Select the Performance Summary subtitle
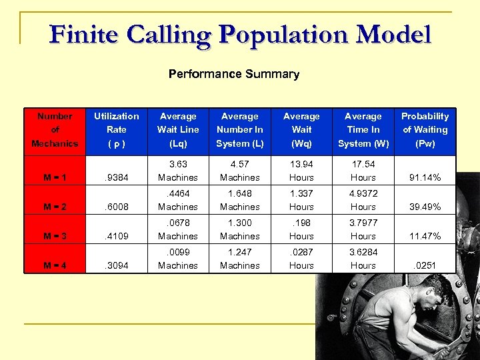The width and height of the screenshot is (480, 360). tap(233, 74)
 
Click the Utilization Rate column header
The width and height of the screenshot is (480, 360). tap(117, 129)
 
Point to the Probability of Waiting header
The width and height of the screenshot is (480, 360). tap(425, 129)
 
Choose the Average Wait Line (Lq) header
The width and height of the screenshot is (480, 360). tap(178, 129)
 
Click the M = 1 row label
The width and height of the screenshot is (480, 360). tap(55, 178)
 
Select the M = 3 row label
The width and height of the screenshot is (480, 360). tap(55, 236)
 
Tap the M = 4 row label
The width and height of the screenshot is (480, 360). tap(55, 265)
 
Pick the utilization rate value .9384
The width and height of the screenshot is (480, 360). tap(117, 178)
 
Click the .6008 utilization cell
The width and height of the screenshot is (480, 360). tap(117, 207)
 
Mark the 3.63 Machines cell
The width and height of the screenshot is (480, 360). tap(178, 171)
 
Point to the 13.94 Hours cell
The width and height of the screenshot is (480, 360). tap(301, 171)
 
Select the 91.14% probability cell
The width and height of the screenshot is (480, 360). tap(425, 178)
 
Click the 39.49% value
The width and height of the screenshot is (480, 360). tap(425, 207)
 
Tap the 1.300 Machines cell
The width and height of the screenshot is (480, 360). tap(240, 229)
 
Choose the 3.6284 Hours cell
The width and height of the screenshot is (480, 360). tap(363, 259)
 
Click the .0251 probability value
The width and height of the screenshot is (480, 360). tap(425, 265)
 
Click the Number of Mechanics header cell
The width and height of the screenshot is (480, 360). tap(55, 129)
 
